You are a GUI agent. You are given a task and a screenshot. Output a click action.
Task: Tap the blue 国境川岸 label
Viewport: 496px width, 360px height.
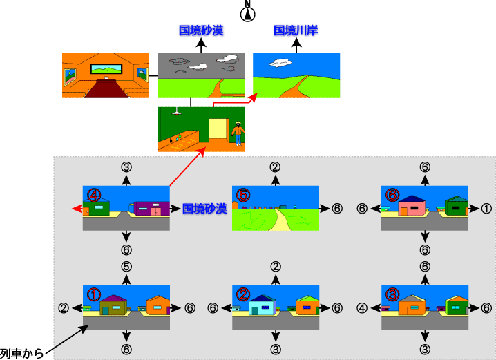[296, 30]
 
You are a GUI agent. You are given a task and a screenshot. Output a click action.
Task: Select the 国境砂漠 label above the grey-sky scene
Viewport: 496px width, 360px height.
[201, 30]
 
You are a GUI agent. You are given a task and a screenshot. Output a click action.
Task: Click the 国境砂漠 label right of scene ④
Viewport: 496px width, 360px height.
[204, 209]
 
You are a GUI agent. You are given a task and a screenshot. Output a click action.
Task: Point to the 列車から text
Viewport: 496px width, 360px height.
[21, 353]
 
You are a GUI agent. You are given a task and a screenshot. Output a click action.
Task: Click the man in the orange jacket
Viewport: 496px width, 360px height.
[238, 133]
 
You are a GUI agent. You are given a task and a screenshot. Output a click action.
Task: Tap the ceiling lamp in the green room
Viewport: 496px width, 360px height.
[176, 111]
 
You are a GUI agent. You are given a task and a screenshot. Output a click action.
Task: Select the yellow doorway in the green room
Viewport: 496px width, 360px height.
[218, 129]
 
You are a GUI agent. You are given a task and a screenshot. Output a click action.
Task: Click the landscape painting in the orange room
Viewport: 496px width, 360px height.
[106, 68]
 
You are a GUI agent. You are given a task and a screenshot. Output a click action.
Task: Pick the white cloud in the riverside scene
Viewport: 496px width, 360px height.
[280, 63]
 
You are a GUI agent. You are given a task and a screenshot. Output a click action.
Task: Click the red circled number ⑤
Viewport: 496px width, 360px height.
[243, 195]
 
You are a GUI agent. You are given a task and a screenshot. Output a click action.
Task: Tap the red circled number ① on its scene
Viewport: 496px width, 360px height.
[94, 294]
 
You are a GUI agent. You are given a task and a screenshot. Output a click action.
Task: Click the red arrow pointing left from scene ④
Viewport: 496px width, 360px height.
[77, 209]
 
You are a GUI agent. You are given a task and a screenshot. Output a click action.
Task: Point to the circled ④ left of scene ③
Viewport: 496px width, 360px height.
[362, 307]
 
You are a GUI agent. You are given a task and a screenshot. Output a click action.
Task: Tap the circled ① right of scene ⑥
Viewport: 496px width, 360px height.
[486, 209]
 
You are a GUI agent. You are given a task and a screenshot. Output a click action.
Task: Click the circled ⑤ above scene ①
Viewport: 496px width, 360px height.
[126, 266]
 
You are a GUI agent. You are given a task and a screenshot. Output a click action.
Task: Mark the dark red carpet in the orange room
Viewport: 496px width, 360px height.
[106, 88]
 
